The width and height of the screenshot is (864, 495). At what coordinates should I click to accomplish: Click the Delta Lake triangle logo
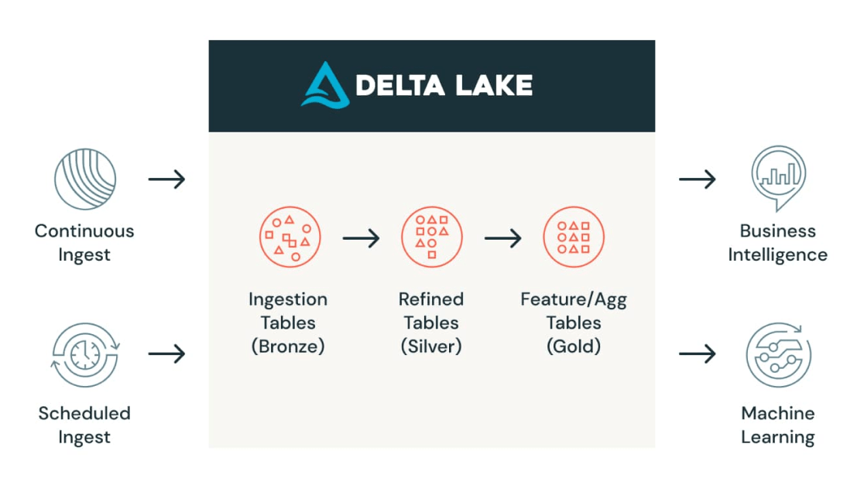coord(324,85)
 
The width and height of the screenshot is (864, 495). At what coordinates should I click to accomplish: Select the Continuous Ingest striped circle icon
coord(84,179)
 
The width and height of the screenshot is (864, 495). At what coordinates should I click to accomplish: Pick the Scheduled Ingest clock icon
coord(84,355)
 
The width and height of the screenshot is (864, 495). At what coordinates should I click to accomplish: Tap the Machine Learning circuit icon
coord(778,355)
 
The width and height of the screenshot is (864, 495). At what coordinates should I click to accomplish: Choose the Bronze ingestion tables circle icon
coord(289,237)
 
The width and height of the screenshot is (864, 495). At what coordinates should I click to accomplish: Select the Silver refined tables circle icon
coord(431,237)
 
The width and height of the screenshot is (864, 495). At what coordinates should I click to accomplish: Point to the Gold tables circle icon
coord(574,237)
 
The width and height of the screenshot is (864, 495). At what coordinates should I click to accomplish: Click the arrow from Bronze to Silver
coord(361,238)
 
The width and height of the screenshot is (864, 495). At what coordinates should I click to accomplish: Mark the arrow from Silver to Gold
coord(503,238)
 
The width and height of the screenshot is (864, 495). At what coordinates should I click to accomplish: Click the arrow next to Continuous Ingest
coord(166,179)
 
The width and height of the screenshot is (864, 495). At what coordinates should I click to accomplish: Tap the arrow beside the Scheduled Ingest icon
coord(166,354)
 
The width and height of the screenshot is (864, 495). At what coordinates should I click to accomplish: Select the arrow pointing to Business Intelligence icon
coord(697,179)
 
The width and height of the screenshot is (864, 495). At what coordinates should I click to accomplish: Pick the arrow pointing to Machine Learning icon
coord(697,354)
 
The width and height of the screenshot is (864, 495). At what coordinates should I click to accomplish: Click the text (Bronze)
coord(288,346)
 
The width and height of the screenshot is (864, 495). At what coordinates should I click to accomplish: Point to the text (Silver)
coord(431,346)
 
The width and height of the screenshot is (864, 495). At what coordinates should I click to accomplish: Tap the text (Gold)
coord(574,346)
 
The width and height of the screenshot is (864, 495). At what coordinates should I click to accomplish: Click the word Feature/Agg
coord(574,299)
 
